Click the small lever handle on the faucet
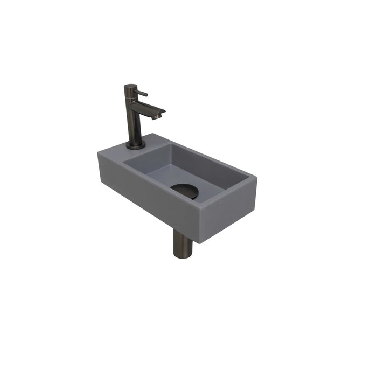click(142, 94)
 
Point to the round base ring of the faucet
click(135, 145)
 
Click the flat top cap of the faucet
click(130, 86)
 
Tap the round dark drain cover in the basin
click(185, 190)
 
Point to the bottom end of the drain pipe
click(181, 256)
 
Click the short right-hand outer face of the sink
click(227, 212)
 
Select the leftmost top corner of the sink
click(98, 152)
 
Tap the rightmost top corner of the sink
click(256, 177)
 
